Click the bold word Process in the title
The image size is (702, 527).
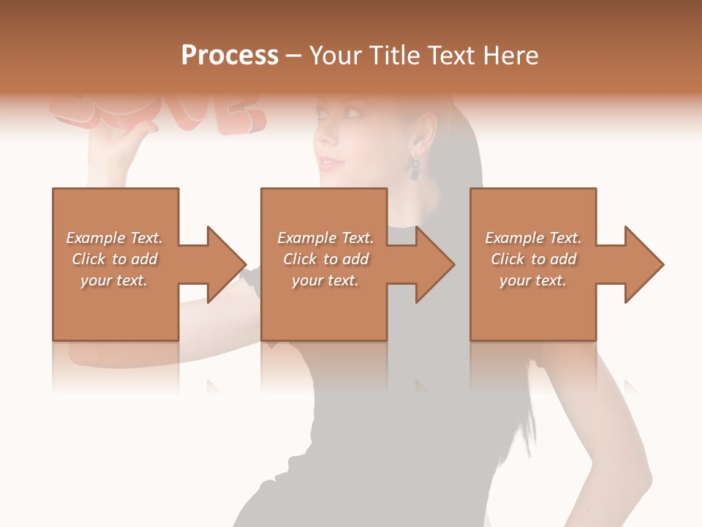click(x=230, y=56)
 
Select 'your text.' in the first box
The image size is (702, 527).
click(x=114, y=280)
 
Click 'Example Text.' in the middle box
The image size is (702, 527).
click(x=325, y=238)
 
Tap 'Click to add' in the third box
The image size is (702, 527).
click(x=534, y=259)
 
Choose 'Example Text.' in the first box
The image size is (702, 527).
click(x=114, y=238)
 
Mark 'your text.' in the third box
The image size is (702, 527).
click(x=533, y=280)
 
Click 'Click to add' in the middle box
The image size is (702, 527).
click(x=326, y=259)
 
